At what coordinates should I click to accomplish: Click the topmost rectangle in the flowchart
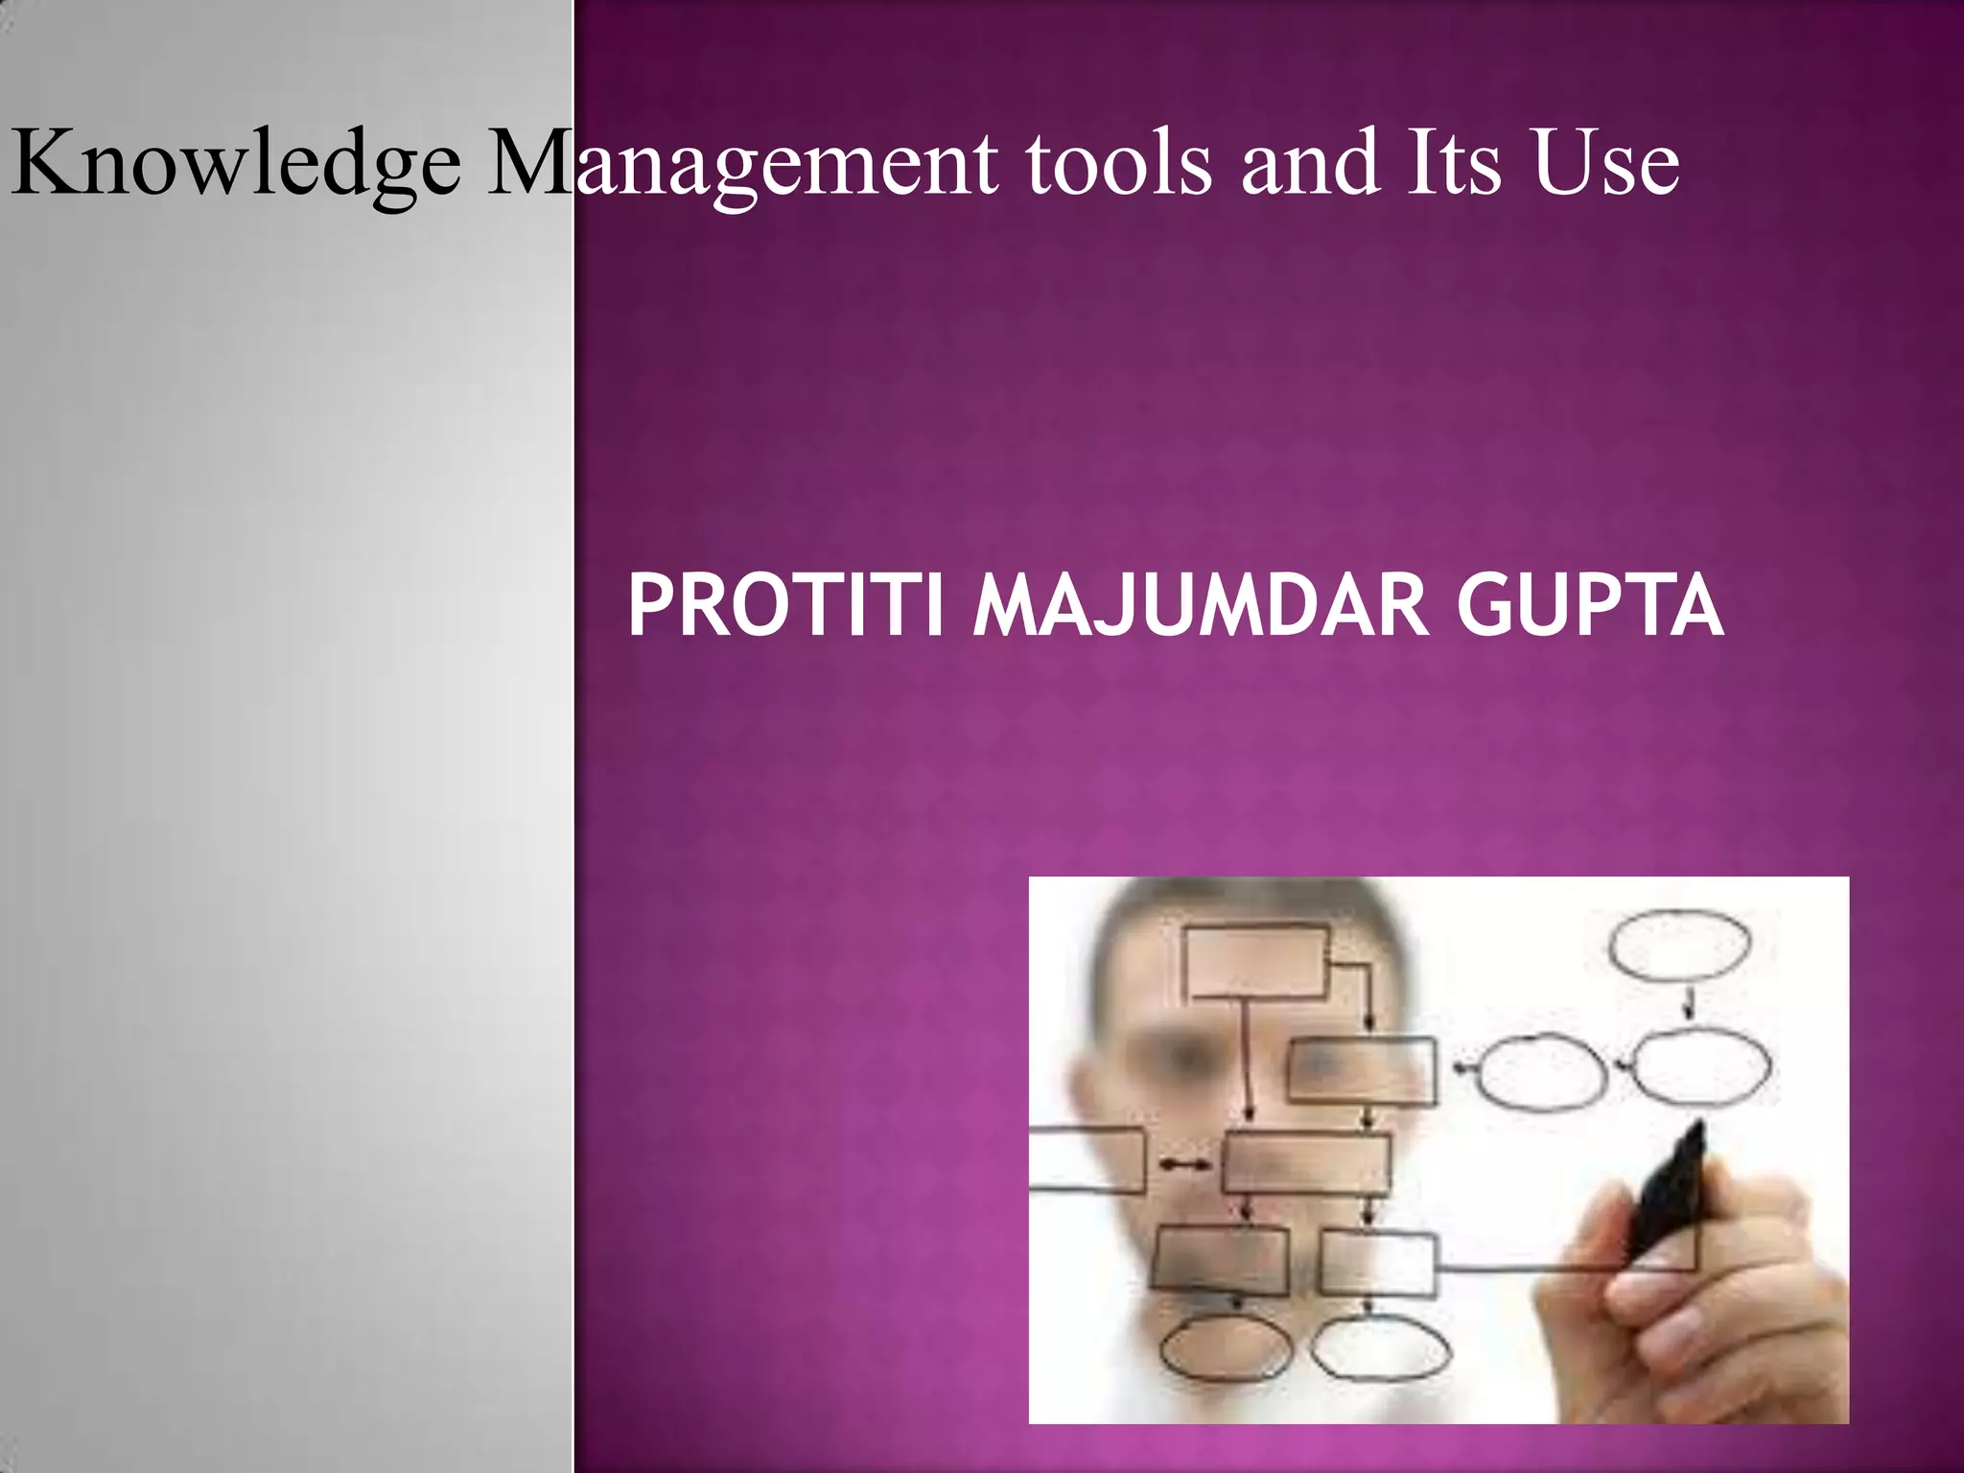pos(1254,962)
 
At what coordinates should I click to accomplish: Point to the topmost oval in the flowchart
pos(1678,947)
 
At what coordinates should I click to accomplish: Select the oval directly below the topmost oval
pos(1700,1066)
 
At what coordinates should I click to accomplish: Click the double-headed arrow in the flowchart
pos(1183,1165)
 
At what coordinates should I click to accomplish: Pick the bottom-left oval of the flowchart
pos(1213,1349)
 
